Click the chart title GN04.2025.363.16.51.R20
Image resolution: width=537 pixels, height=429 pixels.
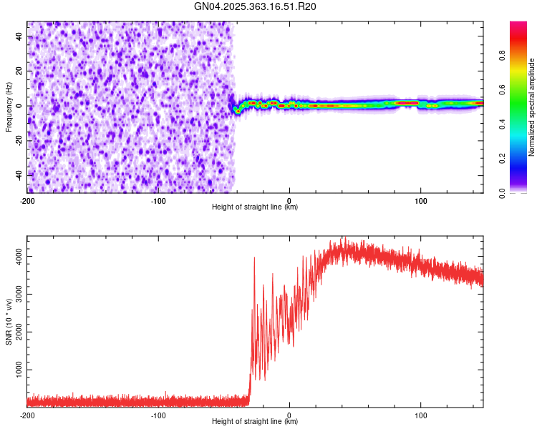256,6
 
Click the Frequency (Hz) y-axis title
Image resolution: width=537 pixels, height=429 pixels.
9,107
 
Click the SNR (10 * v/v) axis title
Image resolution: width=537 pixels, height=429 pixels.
9,322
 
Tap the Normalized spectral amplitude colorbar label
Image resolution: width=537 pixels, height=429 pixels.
532,108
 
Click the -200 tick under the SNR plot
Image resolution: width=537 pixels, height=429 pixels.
27,415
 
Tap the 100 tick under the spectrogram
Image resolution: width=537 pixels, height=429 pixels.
421,201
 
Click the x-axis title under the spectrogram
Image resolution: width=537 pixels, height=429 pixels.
255,207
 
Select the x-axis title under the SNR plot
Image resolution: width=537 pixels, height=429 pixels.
255,422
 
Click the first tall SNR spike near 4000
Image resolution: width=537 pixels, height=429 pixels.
254,259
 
